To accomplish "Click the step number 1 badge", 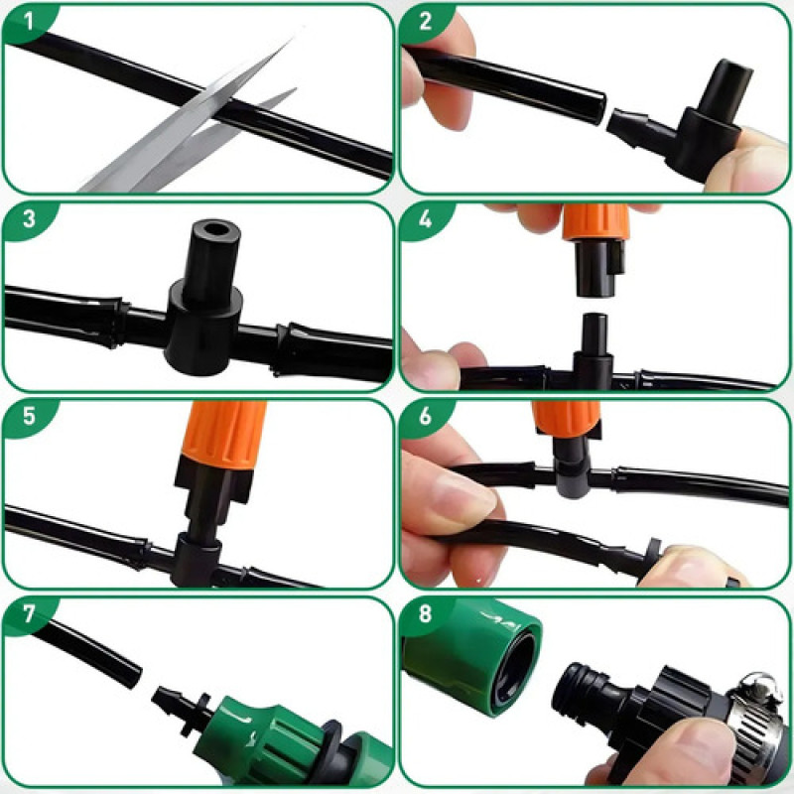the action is pos(29,22).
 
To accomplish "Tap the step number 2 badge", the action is pos(425,22).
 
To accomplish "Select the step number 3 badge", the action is pos(29,219).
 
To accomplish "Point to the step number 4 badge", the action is pos(425,219).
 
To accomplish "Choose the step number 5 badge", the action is pos(29,416).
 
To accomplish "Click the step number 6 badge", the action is pos(425,416).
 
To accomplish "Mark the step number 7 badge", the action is pos(29,613).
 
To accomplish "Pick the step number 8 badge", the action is pos(425,613).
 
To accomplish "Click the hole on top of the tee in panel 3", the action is pos(216,229).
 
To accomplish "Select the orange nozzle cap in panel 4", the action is pos(596,221).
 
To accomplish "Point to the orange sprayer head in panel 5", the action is pos(224,435).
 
